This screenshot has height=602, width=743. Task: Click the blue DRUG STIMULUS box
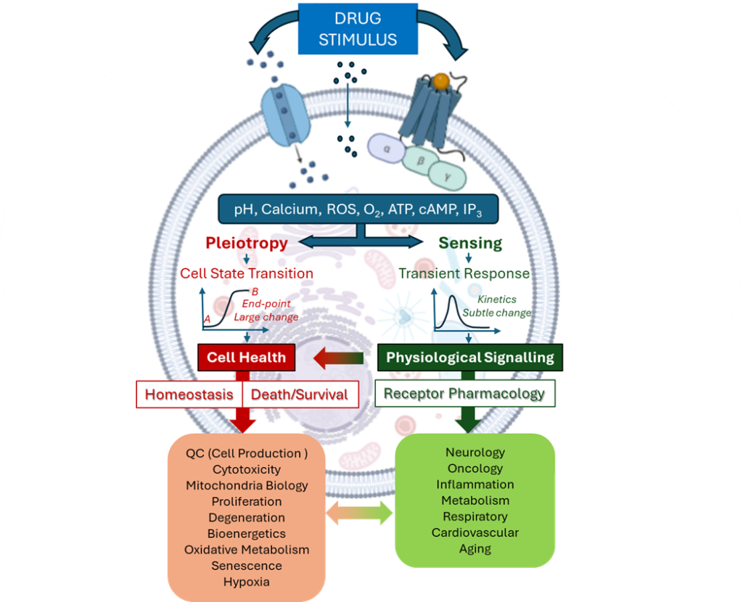tap(358, 28)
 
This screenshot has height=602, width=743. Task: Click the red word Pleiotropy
tap(246, 243)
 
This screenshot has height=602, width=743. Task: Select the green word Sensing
tap(470, 243)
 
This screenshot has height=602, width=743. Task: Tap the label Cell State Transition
tap(247, 273)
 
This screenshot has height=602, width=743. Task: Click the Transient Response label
tap(464, 273)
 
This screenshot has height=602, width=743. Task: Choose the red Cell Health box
tap(246, 357)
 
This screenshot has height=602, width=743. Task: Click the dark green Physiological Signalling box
tap(469, 357)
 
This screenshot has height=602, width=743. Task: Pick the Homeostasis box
tap(189, 395)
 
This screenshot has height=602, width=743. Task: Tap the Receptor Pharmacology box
tap(464, 394)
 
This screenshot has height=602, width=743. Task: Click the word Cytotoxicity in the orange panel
tap(247, 469)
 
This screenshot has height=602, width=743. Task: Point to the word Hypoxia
tap(247, 582)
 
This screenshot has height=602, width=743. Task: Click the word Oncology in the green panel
tap(475, 469)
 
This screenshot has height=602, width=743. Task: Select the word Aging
tap(475, 548)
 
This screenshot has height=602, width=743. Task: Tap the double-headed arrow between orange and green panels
tap(360, 514)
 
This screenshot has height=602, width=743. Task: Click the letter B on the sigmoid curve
tap(245, 292)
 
